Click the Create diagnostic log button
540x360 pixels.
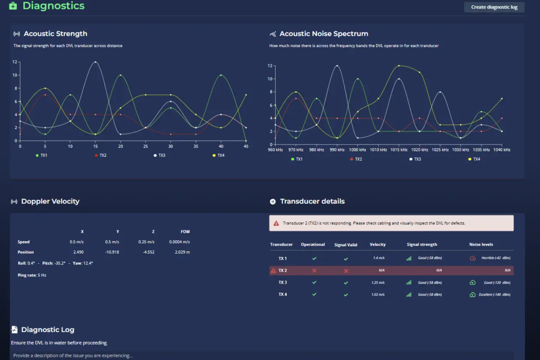tap(494, 7)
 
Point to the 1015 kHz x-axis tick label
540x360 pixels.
tap(399, 150)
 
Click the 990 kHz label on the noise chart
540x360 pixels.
tap(337, 150)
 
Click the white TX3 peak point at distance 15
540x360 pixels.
tap(95, 62)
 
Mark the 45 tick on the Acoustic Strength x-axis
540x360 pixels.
tap(246, 146)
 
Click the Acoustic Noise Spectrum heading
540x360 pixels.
tap(324, 34)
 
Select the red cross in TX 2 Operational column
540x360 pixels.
tap(314, 270)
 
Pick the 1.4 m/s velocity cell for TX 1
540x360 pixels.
tap(379, 258)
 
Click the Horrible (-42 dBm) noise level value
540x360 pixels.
tap(496, 258)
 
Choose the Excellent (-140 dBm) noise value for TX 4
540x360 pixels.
tap(494, 295)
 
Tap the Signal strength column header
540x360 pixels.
tap(422, 245)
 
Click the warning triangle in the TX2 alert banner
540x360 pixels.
tap(276, 223)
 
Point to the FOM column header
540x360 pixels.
tap(185, 232)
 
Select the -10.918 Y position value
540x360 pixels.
tap(112, 252)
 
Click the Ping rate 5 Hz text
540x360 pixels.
tap(32, 275)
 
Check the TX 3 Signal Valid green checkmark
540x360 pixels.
tap(346, 283)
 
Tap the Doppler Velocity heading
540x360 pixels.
tap(50, 201)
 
